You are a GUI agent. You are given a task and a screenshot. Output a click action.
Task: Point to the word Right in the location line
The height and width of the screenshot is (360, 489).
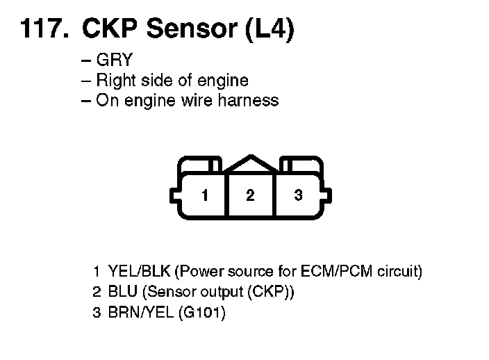[115, 80]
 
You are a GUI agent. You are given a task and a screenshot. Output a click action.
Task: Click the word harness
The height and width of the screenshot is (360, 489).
[249, 100]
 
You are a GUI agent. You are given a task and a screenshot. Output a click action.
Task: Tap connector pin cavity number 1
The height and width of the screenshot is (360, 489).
[204, 195]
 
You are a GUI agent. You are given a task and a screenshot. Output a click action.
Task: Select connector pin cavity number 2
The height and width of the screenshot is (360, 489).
[249, 195]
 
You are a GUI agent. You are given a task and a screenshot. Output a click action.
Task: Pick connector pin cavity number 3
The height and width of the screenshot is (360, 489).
[298, 195]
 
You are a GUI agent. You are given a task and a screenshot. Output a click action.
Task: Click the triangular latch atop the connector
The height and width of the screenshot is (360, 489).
[250, 163]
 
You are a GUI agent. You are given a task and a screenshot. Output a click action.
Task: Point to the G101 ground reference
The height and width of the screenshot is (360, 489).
[201, 313]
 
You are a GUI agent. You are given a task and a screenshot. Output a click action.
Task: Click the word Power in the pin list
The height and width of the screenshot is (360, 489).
[203, 271]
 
